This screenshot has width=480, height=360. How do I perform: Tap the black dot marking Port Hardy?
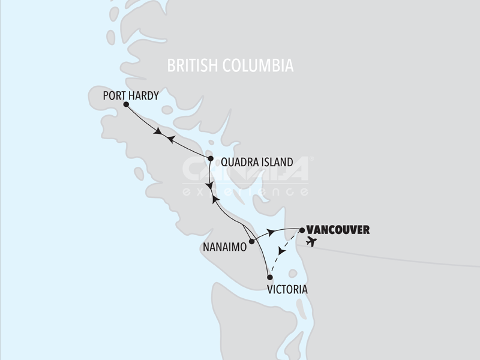point(126,104)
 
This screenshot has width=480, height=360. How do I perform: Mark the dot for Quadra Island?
point(211,158)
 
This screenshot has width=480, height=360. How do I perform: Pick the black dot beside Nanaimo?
point(251,241)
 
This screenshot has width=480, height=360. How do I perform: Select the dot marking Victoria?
point(270,277)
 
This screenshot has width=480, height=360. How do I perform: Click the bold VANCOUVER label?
point(337,229)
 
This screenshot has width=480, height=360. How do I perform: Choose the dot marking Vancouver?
point(301,229)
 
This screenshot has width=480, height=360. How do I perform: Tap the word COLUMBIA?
point(261,65)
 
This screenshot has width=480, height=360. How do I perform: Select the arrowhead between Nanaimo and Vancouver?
point(272,231)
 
